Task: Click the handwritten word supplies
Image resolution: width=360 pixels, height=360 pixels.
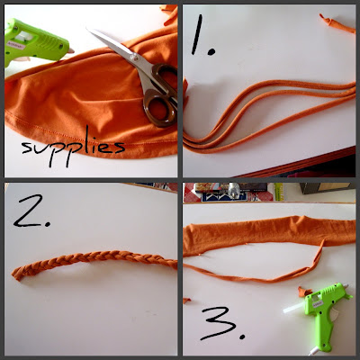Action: pos(74,147)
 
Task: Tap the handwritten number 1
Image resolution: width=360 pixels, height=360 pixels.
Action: pos(197,34)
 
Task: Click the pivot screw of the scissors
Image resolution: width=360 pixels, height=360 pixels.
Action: pos(134,56)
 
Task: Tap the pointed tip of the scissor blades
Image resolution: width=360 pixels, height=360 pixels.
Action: pos(87,29)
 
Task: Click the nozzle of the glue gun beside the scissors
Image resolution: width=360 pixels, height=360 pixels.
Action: pos(71,50)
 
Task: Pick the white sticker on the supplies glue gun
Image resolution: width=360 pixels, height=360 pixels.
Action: pos(13,44)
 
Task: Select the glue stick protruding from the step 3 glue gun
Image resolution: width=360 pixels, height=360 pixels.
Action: pos(294,308)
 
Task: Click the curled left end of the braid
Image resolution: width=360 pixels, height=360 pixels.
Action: pos(17,275)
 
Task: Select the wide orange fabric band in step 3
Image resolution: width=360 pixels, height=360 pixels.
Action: pos(269,231)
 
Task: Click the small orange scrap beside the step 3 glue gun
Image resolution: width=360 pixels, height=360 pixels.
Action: pos(303,291)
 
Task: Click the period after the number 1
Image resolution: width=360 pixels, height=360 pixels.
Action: pos(211,52)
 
